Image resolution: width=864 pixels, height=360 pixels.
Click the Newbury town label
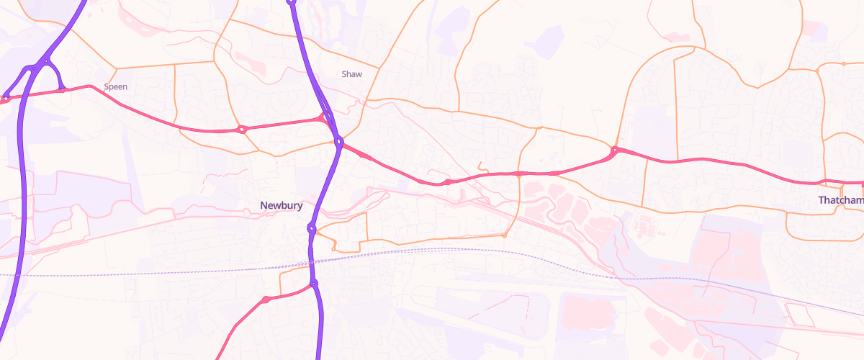[281, 206]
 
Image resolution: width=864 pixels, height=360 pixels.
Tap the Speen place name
[116, 87]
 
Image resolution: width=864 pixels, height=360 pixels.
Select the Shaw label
[352, 74]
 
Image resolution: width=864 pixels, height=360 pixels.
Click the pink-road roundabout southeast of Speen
[242, 130]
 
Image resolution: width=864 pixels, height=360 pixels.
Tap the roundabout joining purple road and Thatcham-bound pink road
[338, 142]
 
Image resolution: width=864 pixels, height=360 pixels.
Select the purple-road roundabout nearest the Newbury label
[311, 229]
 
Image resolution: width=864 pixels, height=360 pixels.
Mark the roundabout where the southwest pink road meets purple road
[314, 284]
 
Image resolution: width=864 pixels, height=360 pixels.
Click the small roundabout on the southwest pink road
[266, 299]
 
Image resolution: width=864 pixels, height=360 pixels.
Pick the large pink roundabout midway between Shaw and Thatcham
[614, 150]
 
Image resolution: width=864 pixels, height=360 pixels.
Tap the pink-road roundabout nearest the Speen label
[62, 90]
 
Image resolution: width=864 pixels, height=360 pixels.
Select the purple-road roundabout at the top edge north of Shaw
[292, 2]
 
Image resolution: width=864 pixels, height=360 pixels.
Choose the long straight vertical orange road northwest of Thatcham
[675, 108]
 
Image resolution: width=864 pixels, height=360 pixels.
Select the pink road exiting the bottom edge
[222, 353]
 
